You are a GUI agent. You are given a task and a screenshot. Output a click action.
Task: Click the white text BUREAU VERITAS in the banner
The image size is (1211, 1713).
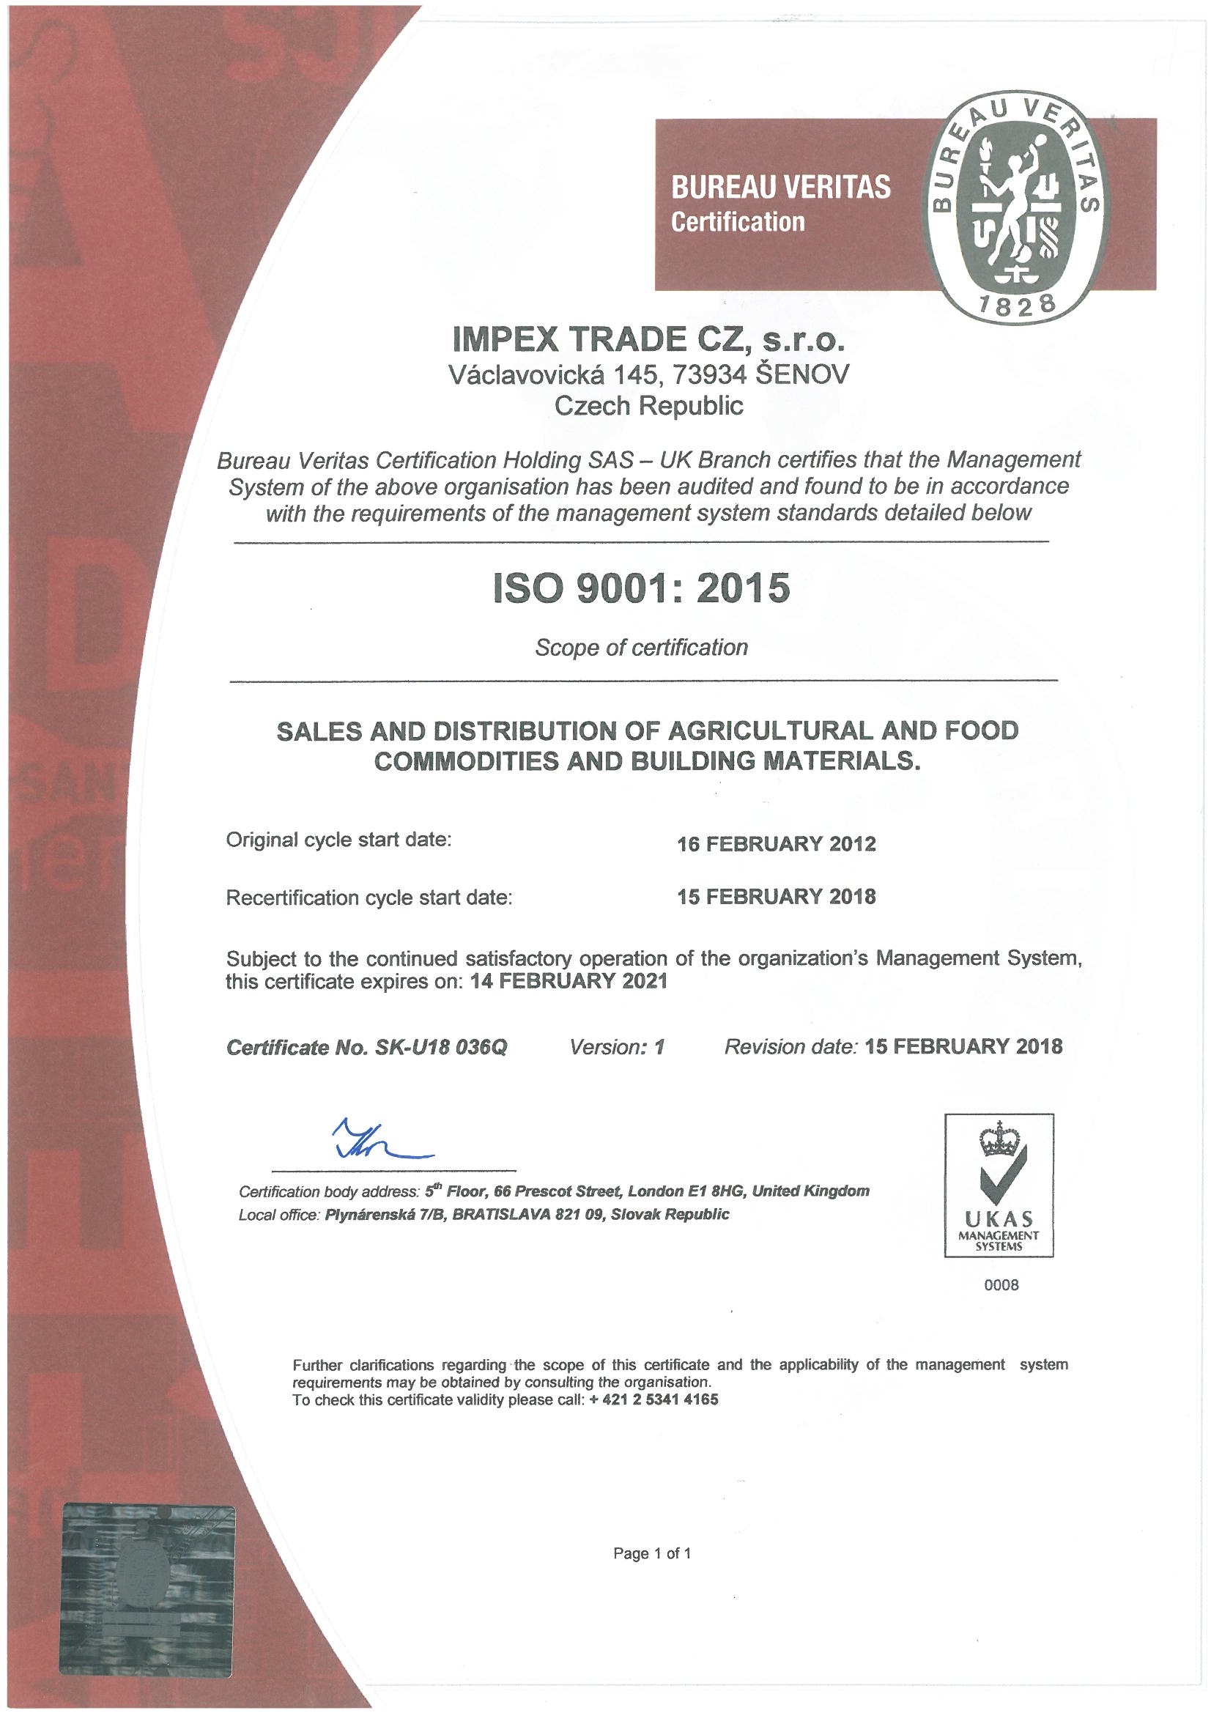click(x=780, y=188)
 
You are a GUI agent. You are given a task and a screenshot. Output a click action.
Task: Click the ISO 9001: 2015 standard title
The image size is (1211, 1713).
click(x=641, y=588)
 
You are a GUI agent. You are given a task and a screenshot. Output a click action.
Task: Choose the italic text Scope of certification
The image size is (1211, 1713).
click(x=641, y=647)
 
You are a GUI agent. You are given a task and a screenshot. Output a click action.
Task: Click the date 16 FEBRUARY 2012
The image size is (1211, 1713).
click(x=776, y=845)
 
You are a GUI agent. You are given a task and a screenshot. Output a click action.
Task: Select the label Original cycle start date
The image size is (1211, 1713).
click(x=339, y=840)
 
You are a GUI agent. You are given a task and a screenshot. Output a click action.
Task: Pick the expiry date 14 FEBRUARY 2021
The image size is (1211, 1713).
click(x=569, y=982)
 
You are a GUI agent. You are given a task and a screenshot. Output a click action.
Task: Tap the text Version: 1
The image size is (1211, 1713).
click(x=616, y=1047)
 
